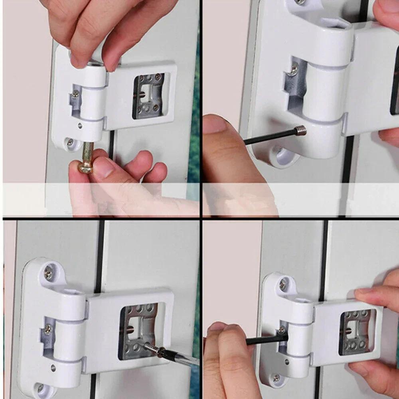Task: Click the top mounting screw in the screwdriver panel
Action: point(48,273)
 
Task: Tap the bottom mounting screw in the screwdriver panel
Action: point(40,387)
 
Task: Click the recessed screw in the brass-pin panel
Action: point(75,94)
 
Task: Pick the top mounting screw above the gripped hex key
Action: point(282,284)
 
